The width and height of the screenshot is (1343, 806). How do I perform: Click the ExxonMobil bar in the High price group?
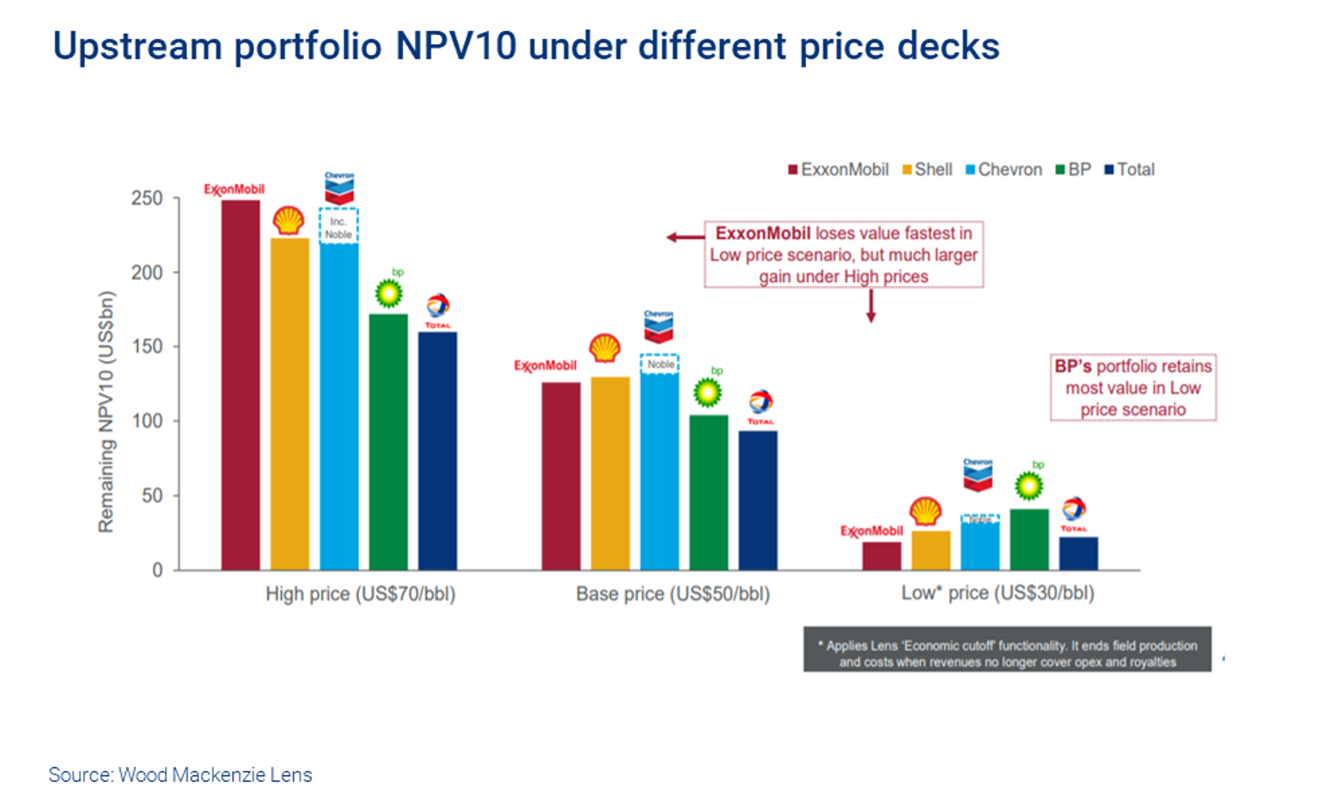240,384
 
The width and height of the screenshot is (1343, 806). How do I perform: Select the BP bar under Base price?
708,493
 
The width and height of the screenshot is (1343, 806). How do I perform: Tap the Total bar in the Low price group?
1078,553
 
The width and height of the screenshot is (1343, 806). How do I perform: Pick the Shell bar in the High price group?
289,404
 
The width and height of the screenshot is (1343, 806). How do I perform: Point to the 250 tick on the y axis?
147,199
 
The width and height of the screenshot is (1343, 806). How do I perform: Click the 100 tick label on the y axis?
147,421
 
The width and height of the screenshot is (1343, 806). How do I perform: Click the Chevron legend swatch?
971,170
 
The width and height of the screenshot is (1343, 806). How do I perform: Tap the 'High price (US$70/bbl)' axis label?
360,594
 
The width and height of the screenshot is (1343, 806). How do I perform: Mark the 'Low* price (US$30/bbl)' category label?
998,593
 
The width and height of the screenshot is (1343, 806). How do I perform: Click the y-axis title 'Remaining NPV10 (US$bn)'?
107,412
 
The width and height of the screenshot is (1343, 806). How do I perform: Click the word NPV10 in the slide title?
456,46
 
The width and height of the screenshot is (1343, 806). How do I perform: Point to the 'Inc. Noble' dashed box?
339,226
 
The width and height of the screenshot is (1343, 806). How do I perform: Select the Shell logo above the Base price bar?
604,348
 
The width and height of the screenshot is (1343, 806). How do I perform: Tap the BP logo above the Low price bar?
1029,486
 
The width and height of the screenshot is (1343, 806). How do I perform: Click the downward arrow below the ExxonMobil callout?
871,307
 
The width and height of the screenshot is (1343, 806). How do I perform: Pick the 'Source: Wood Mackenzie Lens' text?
181,775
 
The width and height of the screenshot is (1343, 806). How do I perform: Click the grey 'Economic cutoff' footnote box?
1007,649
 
